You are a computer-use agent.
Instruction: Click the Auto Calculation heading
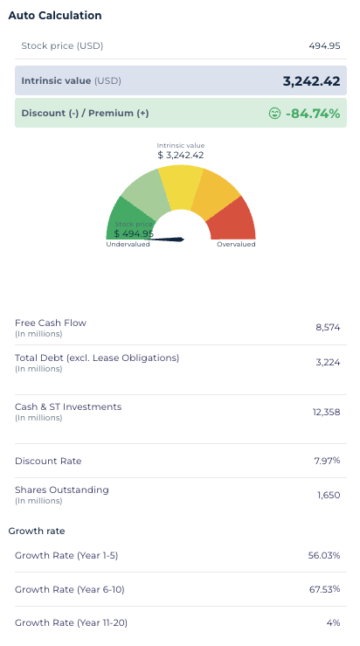click(x=55, y=16)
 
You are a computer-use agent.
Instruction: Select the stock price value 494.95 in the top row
click(x=324, y=45)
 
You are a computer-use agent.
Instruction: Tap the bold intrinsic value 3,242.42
click(x=311, y=81)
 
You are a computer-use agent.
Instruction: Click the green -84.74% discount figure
click(x=313, y=114)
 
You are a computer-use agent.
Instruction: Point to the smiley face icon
click(x=274, y=114)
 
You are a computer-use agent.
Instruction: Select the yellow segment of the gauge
click(x=181, y=185)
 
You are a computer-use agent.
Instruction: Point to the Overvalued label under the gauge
click(x=236, y=244)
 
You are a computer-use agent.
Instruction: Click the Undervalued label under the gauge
click(x=128, y=244)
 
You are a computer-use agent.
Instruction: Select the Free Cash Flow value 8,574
click(x=328, y=328)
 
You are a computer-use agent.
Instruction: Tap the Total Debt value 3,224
click(x=328, y=363)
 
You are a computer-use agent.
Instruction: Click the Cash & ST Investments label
click(x=68, y=407)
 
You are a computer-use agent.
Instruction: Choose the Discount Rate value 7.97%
click(x=327, y=461)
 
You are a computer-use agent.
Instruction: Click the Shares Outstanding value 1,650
click(x=329, y=496)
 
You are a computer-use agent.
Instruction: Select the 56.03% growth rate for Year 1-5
click(x=324, y=555)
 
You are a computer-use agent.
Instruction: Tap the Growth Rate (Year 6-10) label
click(x=70, y=589)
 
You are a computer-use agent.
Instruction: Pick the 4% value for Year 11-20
click(x=333, y=623)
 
